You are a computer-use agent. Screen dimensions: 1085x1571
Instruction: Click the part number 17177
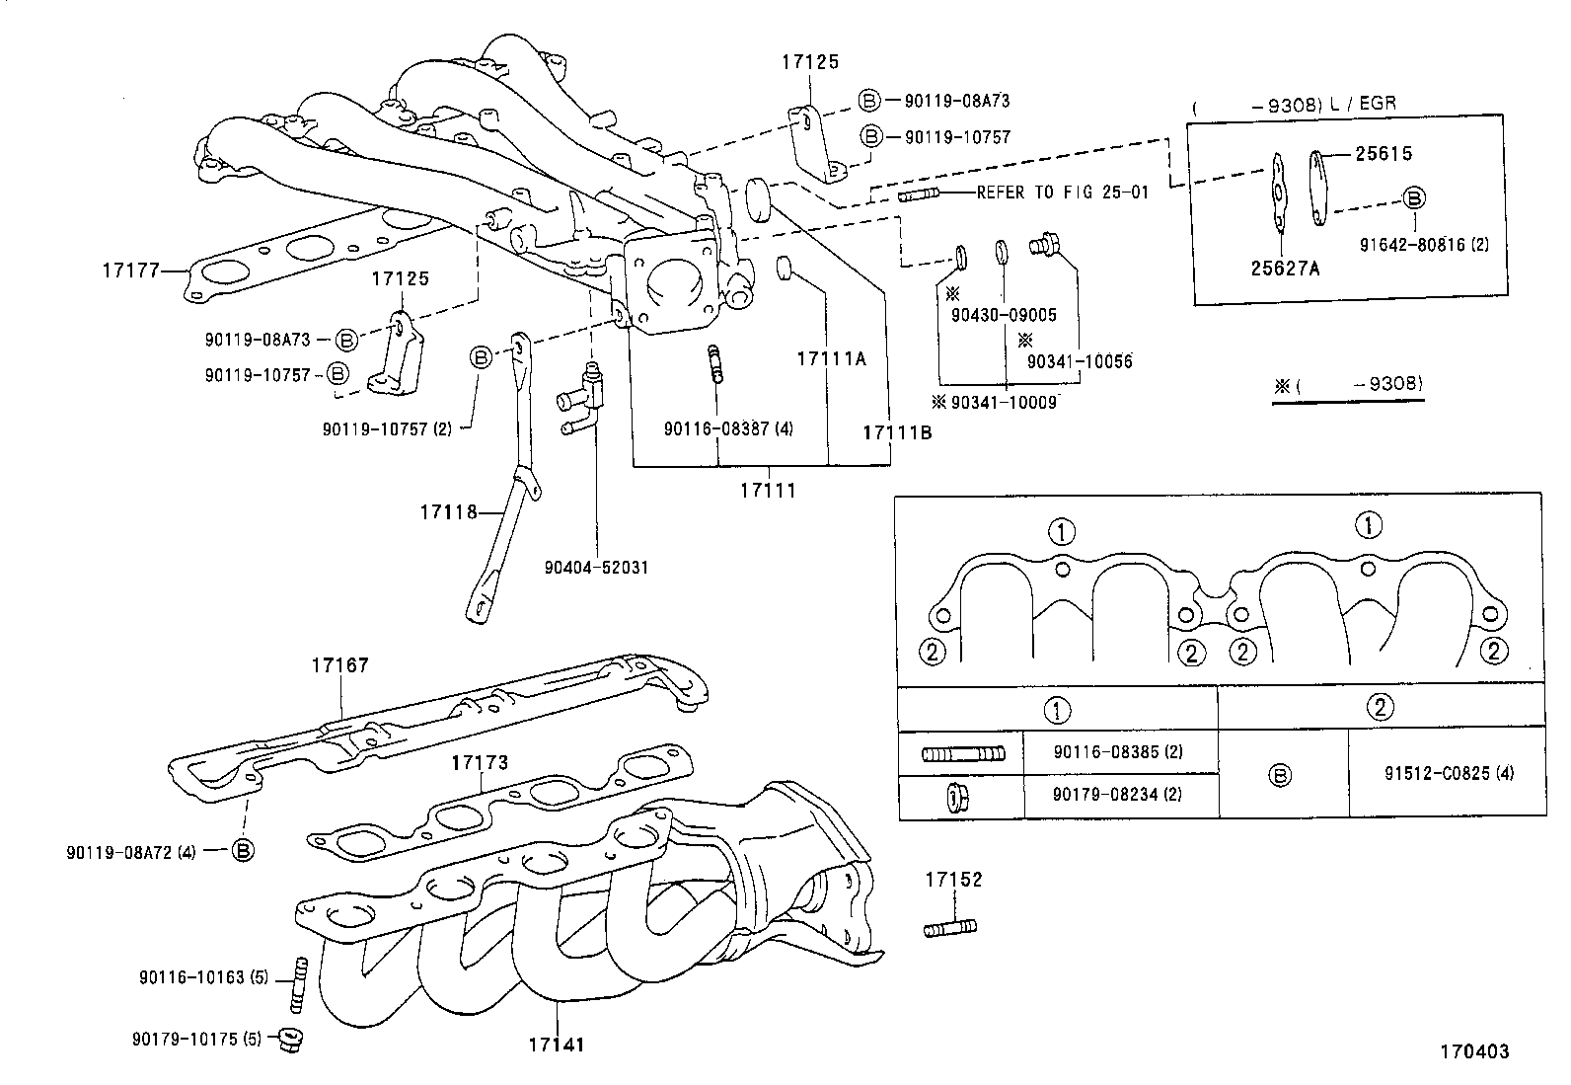[x=130, y=269]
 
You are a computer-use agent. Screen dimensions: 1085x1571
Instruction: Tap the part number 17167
[x=339, y=665]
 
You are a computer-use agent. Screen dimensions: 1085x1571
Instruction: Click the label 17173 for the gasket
[x=480, y=762]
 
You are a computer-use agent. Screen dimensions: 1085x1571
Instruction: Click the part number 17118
[x=448, y=511]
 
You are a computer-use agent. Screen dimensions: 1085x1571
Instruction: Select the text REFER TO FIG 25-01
[x=1062, y=194]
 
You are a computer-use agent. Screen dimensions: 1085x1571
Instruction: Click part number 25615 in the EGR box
[x=1383, y=154]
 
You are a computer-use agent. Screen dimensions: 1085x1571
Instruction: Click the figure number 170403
[x=1473, y=1051]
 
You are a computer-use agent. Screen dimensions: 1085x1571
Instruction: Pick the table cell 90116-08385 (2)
[x=1117, y=752]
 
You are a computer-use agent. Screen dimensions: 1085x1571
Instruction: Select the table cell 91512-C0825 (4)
[x=1448, y=773]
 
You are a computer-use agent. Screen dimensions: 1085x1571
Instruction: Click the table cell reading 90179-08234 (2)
[x=1117, y=795]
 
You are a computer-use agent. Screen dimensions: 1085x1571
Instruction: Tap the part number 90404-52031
[x=596, y=568]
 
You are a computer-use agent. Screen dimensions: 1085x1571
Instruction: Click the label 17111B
[x=896, y=432]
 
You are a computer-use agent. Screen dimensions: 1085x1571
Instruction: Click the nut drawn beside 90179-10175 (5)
[x=289, y=1039]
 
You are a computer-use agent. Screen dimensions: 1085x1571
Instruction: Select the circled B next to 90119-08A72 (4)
[x=243, y=850]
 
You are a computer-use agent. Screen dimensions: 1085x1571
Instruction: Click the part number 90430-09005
[x=1004, y=316]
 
